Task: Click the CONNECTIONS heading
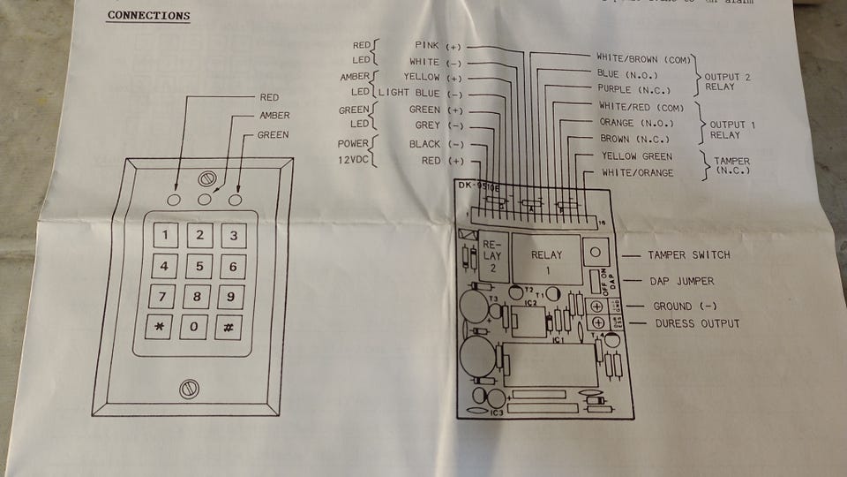(148, 16)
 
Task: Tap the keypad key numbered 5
(199, 266)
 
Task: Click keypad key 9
(231, 296)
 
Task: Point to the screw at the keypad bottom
(188, 388)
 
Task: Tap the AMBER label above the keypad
(274, 116)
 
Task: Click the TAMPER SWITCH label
(688, 255)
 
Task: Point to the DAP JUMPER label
(681, 281)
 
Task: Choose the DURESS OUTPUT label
(697, 324)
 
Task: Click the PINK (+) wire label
(438, 45)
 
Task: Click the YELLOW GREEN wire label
(636, 156)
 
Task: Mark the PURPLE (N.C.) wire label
(634, 90)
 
